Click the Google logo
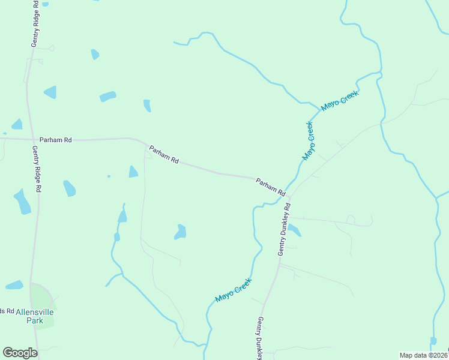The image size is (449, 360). click(x=20, y=352)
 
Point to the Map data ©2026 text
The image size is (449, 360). click(x=424, y=355)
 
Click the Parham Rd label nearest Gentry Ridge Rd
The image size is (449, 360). click(x=56, y=140)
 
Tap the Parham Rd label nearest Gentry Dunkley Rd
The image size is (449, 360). click(x=270, y=186)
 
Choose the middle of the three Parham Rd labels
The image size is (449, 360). click(x=164, y=155)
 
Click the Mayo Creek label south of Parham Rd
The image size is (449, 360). click(x=234, y=290)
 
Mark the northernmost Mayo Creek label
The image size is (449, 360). click(x=340, y=101)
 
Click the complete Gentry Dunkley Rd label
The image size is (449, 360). click(x=284, y=229)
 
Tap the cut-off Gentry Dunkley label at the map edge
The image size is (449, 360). click(x=261, y=338)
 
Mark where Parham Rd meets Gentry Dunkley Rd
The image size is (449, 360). click(x=289, y=197)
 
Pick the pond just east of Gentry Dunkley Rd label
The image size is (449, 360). click(x=294, y=230)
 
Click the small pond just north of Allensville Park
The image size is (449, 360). click(x=14, y=284)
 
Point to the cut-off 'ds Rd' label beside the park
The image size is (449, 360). click(x=6, y=310)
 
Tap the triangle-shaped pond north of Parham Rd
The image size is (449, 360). click(x=50, y=92)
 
